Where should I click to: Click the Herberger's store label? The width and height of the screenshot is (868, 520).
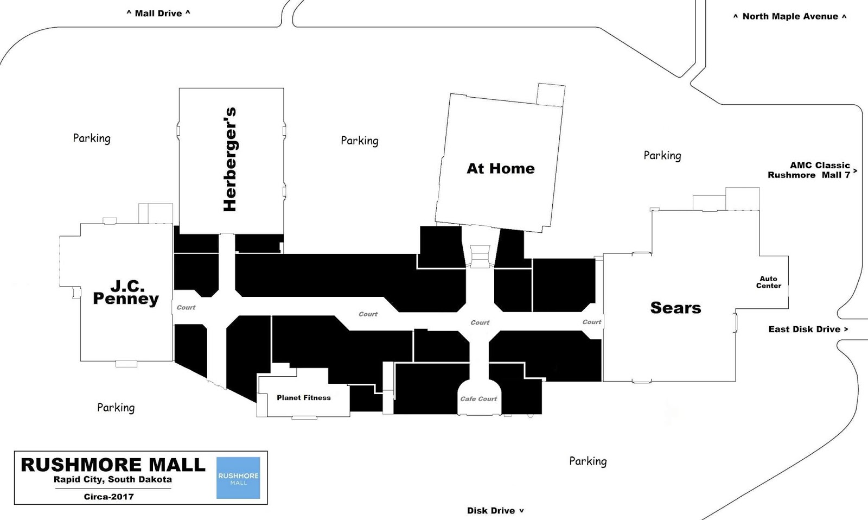pos(230,159)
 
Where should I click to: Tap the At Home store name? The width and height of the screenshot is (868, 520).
pos(500,169)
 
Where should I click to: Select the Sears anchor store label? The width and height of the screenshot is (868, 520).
pos(675,308)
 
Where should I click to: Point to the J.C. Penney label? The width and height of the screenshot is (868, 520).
pos(126,293)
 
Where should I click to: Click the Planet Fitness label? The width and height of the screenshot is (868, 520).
pos(303,398)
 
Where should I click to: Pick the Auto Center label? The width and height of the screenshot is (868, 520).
pos(768,282)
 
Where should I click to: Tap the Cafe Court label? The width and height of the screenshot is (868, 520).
pos(478,399)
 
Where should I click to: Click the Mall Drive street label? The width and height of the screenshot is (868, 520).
pos(158,13)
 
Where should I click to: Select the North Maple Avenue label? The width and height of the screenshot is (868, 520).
pos(789,16)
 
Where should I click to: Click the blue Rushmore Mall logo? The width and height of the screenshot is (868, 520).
pos(238,478)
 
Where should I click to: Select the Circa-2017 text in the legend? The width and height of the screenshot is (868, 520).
pos(108,497)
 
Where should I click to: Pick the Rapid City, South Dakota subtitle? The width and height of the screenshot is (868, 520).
pos(112,479)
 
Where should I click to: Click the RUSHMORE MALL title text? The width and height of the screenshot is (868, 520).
pos(113,465)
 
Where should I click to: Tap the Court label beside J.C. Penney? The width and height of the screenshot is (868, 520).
pos(186,307)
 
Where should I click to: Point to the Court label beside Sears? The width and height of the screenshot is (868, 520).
pos(591,322)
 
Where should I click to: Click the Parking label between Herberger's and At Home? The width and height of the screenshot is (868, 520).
pos(360,141)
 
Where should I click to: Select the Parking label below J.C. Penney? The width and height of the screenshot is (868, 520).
pos(116,408)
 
